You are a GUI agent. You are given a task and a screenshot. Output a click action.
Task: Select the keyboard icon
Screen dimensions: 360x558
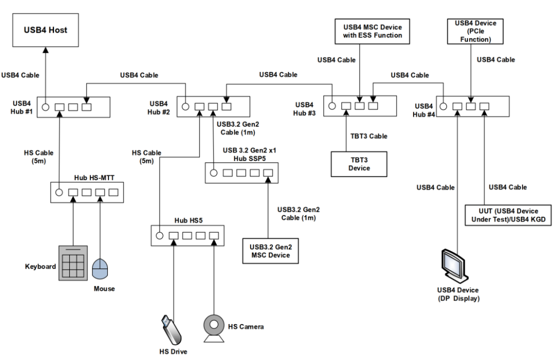tap(73, 263)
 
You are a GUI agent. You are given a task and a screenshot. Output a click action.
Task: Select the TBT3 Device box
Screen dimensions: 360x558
tap(359, 163)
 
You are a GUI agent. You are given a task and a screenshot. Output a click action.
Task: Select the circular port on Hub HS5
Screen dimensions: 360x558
tap(159, 236)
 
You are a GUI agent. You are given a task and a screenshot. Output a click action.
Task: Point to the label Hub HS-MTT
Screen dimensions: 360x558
tap(93, 178)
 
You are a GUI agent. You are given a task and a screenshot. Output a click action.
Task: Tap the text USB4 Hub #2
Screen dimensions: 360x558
tap(160, 107)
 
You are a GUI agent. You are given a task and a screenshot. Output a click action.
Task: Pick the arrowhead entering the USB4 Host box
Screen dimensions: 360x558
tap(45, 50)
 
